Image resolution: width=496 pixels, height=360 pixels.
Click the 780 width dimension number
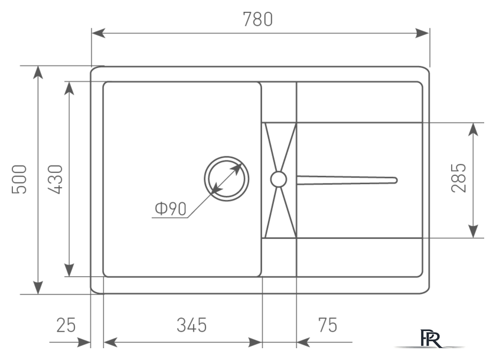point(257,19)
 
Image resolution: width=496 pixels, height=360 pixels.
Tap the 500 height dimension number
point(19,179)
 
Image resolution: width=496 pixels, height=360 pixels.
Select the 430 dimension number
point(56,179)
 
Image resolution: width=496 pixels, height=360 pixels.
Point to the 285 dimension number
point(458,178)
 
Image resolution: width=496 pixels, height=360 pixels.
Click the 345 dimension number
point(192,325)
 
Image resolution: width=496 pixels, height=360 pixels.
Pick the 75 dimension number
point(327,325)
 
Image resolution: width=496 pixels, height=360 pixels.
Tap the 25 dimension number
point(66,325)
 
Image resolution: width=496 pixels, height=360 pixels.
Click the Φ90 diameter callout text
point(171,208)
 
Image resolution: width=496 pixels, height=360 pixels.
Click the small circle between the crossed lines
point(279,179)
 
